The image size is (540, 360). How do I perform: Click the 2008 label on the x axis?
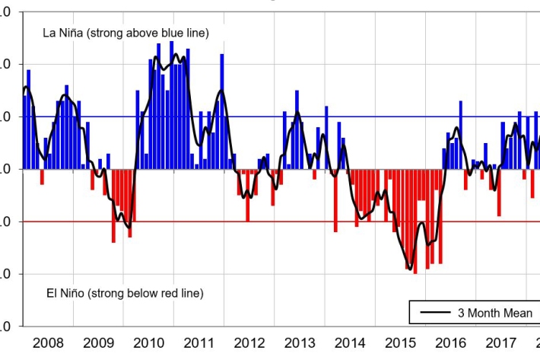point(48,343)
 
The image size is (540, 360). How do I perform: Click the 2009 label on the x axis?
point(98,343)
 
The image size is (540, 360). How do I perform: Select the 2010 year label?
point(148,343)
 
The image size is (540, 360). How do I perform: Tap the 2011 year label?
point(199,343)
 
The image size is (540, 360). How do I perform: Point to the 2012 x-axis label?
point(249,343)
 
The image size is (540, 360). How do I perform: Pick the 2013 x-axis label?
point(299,343)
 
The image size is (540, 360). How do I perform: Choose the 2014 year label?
point(349,343)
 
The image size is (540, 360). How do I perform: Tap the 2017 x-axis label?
point(500,343)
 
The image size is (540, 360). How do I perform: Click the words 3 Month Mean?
point(494,313)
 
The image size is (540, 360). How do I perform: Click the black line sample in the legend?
point(434,313)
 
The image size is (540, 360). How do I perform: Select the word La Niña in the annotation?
point(60,33)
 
